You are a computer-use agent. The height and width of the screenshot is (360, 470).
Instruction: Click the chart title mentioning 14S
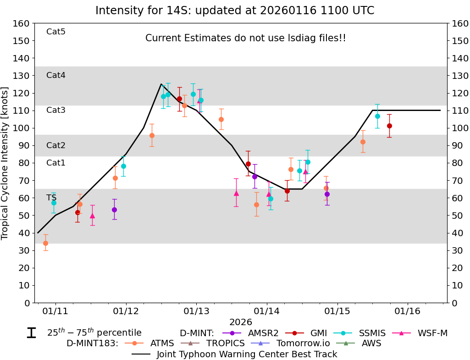point(235,11)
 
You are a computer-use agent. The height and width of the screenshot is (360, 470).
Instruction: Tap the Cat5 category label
point(56,32)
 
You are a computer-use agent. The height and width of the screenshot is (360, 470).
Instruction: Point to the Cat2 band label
point(56,145)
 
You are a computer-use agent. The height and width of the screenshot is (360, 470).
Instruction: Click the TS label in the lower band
point(51,198)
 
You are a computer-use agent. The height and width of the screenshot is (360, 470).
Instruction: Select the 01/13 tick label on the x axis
point(196,311)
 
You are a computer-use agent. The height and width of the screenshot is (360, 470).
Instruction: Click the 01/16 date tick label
point(408,311)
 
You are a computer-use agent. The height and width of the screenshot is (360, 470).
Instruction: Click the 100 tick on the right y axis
point(459,128)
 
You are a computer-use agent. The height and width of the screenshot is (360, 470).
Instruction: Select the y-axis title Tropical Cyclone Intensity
point(6,163)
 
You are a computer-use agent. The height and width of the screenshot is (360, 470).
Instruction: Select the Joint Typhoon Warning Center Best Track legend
point(247,354)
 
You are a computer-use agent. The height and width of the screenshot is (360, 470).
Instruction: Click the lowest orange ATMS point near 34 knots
point(45,243)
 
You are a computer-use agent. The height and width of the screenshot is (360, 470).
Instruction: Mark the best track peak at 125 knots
point(161,84)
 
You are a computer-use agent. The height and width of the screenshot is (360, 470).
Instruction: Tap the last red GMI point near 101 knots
point(389,126)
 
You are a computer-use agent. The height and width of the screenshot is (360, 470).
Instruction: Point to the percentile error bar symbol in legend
point(31,333)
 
